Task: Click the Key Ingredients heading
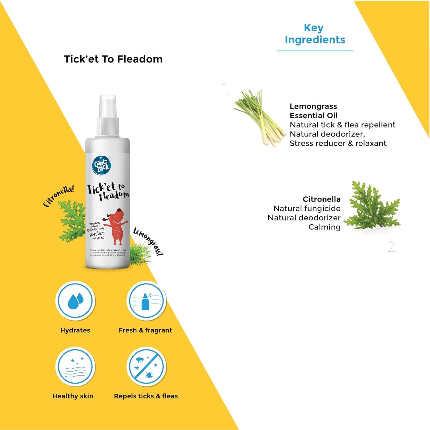pos(315,34)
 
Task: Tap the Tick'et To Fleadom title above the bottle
pos(113,59)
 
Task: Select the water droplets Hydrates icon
pos(75,301)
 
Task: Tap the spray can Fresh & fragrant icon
pos(146,301)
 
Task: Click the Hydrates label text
pos(75,330)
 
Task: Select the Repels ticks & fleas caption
pos(146,396)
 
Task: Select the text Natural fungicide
pos(307,208)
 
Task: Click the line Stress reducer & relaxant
pos(338,143)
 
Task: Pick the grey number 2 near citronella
pos(392,247)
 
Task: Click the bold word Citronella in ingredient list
pos(322,199)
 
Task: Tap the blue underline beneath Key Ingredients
pos(315,51)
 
